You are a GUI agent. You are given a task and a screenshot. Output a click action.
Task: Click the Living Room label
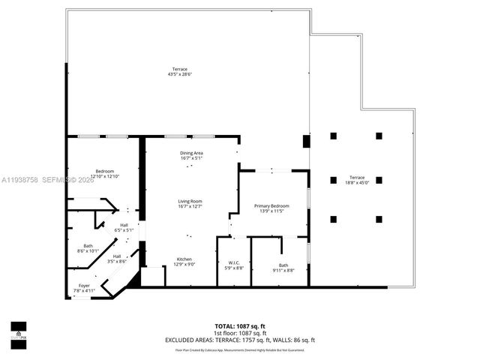(190, 201)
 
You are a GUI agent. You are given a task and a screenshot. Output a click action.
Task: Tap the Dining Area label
(191, 153)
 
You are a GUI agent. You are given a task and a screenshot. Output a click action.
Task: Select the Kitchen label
(184, 259)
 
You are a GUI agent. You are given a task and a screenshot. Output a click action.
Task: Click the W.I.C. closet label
(234, 262)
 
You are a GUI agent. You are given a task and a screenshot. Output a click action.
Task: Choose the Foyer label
(82, 286)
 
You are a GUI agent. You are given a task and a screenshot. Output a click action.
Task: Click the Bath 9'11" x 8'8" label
(283, 265)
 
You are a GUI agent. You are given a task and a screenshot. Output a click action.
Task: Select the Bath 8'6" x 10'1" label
(88, 247)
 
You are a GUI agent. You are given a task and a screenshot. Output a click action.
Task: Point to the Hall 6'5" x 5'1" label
(124, 224)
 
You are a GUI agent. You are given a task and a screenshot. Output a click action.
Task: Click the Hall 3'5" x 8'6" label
(116, 256)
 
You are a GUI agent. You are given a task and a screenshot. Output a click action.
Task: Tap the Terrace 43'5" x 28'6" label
(180, 70)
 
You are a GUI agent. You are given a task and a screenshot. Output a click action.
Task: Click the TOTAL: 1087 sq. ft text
(239, 327)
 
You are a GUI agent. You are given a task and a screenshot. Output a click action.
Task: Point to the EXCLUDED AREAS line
(239, 340)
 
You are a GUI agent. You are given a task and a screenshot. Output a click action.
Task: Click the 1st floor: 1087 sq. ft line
(239, 334)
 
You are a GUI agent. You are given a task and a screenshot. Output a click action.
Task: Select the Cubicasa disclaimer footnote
(239, 349)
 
